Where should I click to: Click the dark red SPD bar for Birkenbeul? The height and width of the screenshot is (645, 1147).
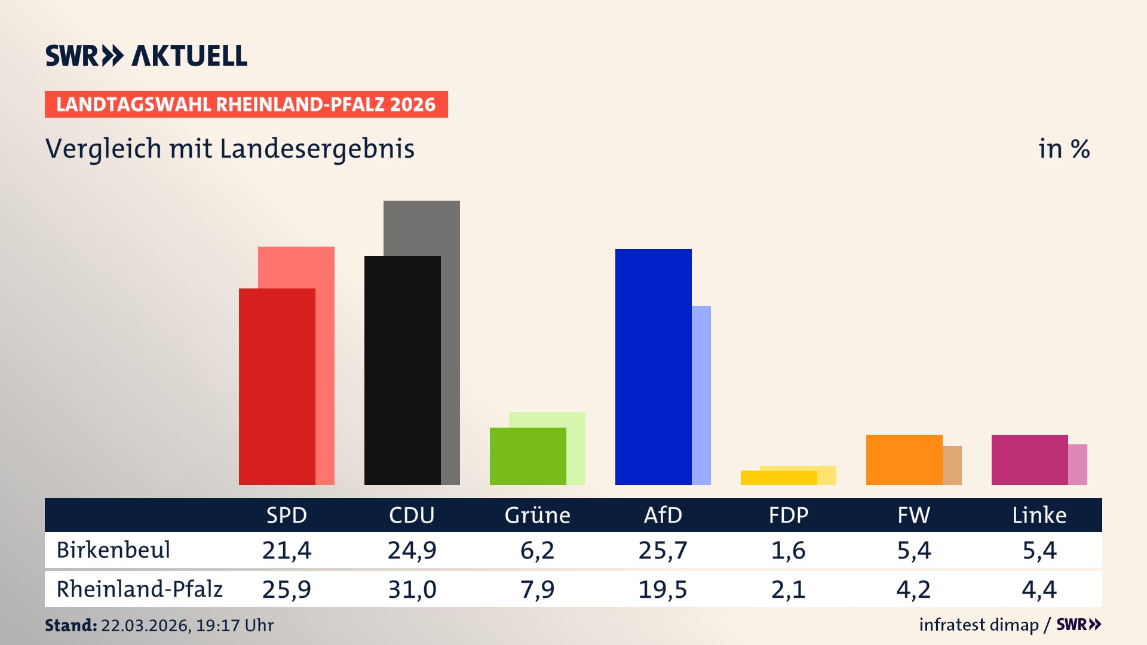pyautogui.click(x=277, y=386)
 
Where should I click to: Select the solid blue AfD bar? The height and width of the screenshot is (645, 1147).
pyautogui.click(x=653, y=367)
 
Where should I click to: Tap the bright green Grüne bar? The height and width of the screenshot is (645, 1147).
pyautogui.click(x=528, y=456)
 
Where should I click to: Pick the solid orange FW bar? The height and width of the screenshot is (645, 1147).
pyautogui.click(x=904, y=460)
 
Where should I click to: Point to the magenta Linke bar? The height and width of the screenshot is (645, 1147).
pyautogui.click(x=1029, y=460)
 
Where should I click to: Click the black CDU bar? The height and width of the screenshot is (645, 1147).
pyautogui.click(x=402, y=370)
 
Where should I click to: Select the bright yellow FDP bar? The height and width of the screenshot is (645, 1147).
pyautogui.click(x=778, y=478)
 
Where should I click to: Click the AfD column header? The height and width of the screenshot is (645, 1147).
pyautogui.click(x=663, y=515)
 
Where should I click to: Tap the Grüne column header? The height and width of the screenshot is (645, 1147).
pyautogui.click(x=537, y=515)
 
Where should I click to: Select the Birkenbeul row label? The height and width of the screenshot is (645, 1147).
pyautogui.click(x=114, y=550)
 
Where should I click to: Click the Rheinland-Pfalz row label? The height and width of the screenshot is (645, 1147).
pyautogui.click(x=139, y=589)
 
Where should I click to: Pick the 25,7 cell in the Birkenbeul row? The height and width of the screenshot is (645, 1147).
pyautogui.click(x=663, y=550)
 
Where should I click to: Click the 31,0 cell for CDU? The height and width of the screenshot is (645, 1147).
pyautogui.click(x=412, y=589)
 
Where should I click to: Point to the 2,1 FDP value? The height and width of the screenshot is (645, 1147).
pyautogui.click(x=788, y=589)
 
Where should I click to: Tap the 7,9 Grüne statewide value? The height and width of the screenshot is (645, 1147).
pyautogui.click(x=537, y=589)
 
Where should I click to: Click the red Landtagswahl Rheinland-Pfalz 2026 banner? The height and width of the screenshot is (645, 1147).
pyautogui.click(x=246, y=105)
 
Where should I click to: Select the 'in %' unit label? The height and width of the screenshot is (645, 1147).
pyautogui.click(x=1064, y=149)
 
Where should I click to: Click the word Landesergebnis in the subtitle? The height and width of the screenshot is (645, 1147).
pyautogui.click(x=317, y=149)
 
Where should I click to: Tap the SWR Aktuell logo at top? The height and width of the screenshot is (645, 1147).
pyautogui.click(x=146, y=56)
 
